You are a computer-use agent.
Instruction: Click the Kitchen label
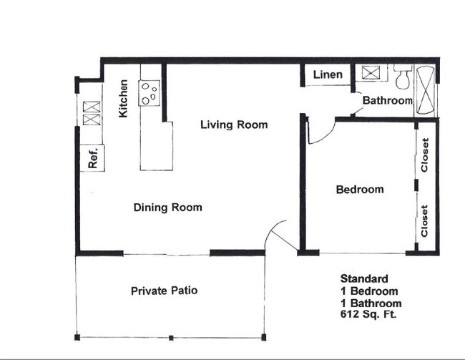124,99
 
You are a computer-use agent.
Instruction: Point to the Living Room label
233,125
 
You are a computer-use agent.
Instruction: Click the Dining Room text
167,208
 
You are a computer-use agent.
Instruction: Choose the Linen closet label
328,74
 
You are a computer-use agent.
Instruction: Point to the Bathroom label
387,101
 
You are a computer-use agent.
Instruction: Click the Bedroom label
359,190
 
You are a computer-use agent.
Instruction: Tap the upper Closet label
425,155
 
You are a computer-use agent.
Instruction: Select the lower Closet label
425,221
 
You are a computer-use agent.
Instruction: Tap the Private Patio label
164,291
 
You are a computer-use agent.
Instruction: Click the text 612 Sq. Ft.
368,314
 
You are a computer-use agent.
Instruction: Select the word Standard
364,279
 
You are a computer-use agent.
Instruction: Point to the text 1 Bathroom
369,303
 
